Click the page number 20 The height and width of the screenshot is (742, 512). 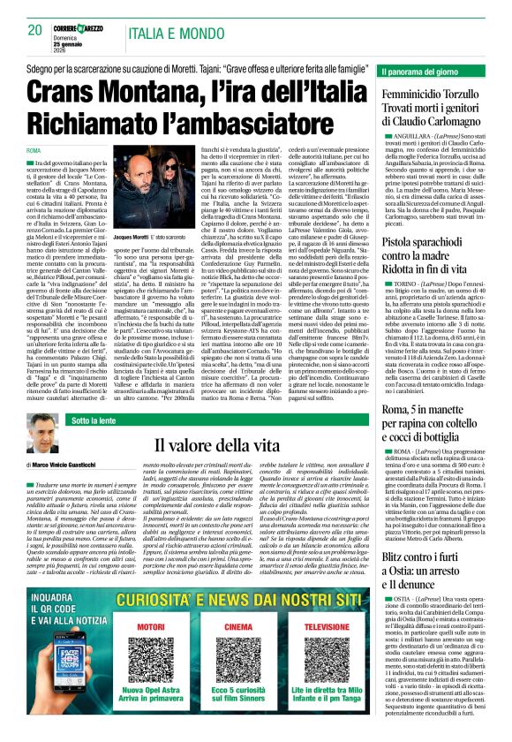coord(35,30)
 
